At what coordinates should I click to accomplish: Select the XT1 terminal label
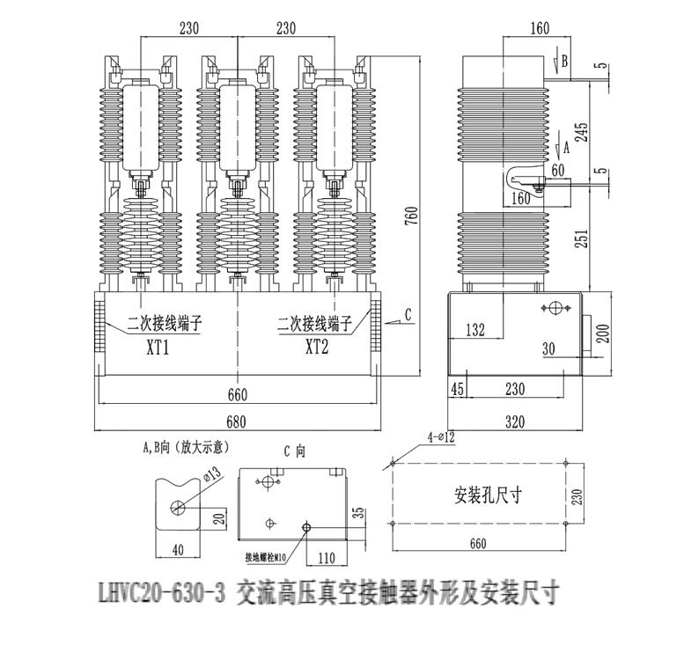pyautogui.click(x=157, y=346)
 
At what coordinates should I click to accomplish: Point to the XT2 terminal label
pyautogui.click(x=316, y=346)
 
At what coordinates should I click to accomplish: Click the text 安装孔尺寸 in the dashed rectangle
pyautogui.click(x=489, y=495)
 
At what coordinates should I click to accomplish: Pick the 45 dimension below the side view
pyautogui.click(x=456, y=388)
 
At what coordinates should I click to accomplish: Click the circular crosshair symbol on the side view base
pyautogui.click(x=555, y=309)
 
